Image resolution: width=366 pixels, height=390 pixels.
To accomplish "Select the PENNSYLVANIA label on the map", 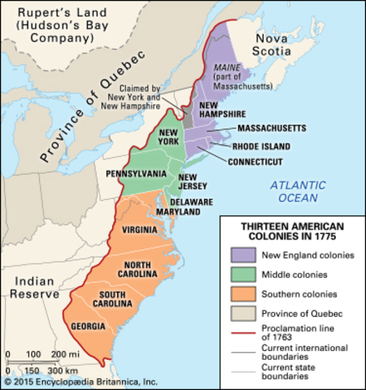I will tap(136, 174).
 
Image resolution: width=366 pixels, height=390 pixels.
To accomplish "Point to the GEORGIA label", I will tap(88, 327).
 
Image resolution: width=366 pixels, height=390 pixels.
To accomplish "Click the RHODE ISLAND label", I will tap(259, 146).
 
